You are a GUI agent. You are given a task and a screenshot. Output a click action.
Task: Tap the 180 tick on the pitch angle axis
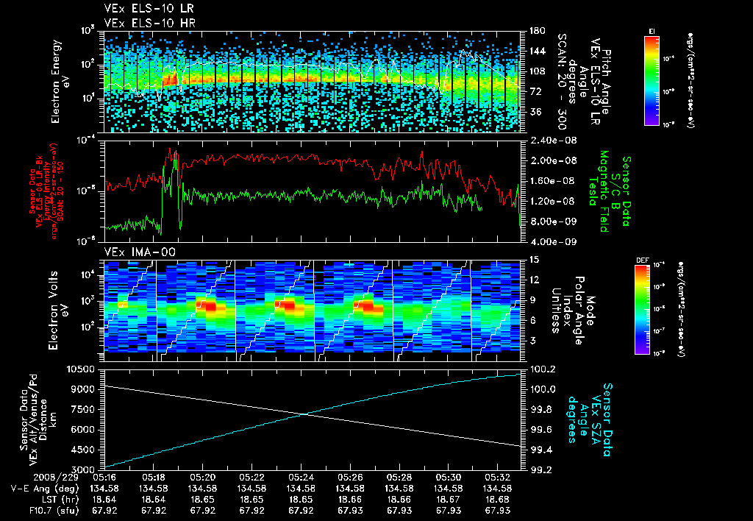pos(536,31)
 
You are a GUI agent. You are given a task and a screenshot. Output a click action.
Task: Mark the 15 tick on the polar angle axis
pos(534,260)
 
